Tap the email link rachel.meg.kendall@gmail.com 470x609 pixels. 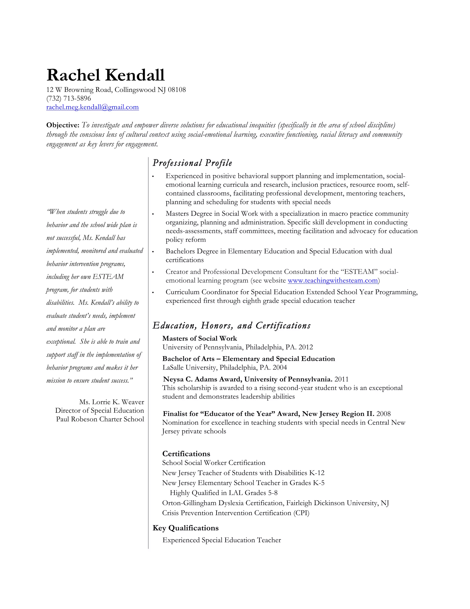pyautogui.click(x=92, y=107)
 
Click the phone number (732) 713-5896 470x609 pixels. pyautogui.click(x=68, y=98)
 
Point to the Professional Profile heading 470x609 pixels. pyautogui.click(x=192, y=163)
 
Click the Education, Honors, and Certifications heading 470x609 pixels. pyautogui.click(x=231, y=325)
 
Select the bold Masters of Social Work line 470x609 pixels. pyautogui.click(x=199, y=338)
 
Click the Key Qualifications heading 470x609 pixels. pyautogui.click(x=185, y=528)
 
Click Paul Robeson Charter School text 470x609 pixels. pyautogui.click(x=100, y=419)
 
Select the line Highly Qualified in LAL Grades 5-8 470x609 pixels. pyautogui.click(x=224, y=493)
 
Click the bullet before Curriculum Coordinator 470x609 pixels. pyautogui.click(x=153, y=293)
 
